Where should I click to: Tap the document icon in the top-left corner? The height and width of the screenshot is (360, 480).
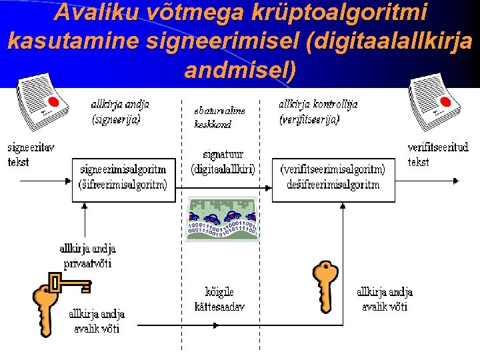40,103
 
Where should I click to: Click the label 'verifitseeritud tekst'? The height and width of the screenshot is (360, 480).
437,154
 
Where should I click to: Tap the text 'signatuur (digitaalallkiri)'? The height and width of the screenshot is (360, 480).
223,162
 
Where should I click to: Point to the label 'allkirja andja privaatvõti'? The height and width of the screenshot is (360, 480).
87,255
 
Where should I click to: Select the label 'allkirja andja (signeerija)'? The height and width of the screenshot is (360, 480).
120,112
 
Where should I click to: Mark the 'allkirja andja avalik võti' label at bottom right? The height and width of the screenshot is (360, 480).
385,299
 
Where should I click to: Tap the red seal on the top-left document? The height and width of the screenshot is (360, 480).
54,103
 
